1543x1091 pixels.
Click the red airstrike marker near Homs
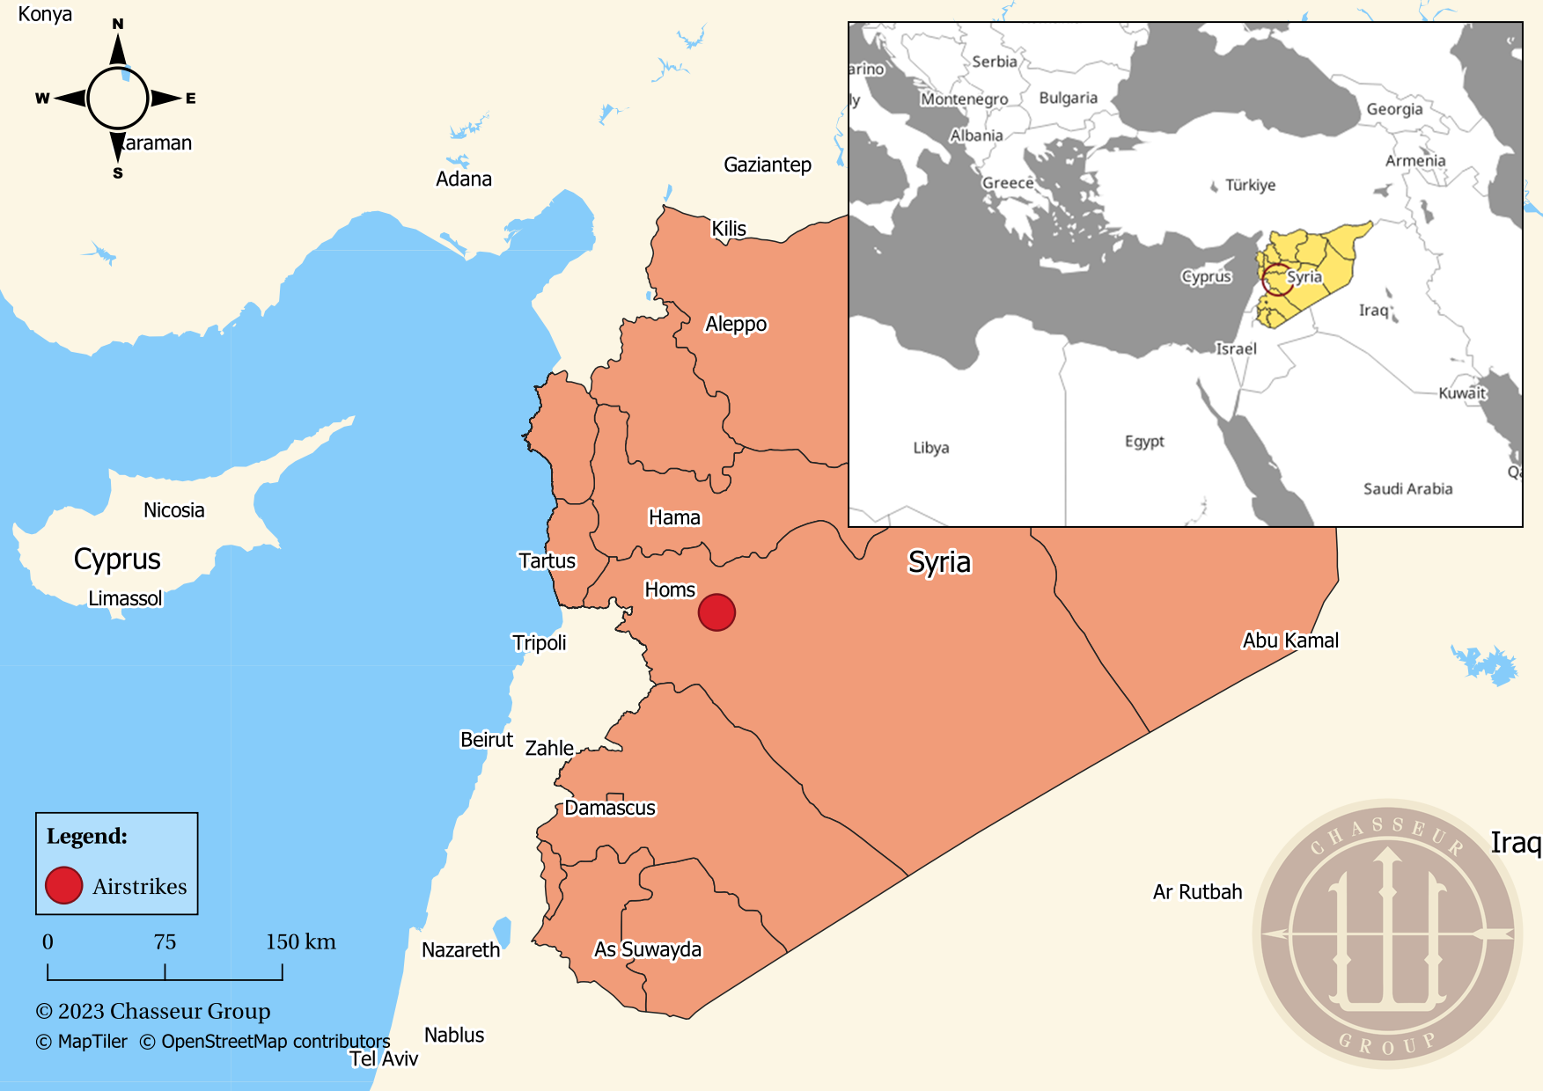[x=716, y=612]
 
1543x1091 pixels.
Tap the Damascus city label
[x=610, y=808]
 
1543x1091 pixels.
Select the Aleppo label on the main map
[x=736, y=324]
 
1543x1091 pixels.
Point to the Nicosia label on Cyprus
[x=173, y=510]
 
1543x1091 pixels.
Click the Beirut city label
[x=486, y=739]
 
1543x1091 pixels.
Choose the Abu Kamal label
[x=1290, y=641]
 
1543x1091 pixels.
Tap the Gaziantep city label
[x=767, y=165]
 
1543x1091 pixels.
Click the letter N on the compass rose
[x=118, y=24]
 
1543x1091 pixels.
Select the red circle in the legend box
[x=64, y=885]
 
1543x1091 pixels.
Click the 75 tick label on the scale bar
[x=165, y=942]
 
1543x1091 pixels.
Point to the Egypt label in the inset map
[x=1144, y=441]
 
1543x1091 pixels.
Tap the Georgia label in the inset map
[x=1394, y=109]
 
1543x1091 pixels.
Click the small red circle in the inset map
[x=1277, y=279]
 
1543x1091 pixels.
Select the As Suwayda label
[x=648, y=949]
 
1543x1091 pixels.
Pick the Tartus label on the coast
[x=547, y=560]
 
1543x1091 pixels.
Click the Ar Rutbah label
[x=1197, y=892]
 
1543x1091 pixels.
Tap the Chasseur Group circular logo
[x=1387, y=934]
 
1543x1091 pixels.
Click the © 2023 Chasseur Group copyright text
[x=152, y=1011]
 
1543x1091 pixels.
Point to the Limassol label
[x=125, y=598]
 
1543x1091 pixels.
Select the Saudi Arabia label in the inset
[x=1407, y=489]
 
